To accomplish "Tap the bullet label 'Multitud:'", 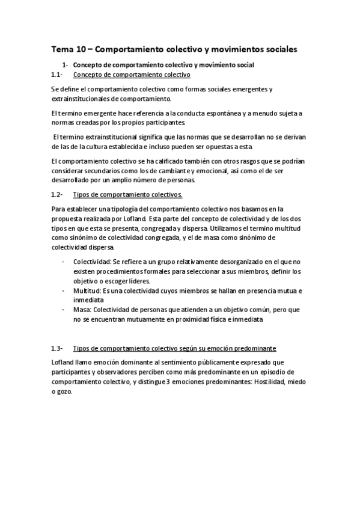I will [x=88, y=290].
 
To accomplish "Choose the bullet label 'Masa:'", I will [x=82, y=310].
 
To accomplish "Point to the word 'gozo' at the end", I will [x=61, y=392].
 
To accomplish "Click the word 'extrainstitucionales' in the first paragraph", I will [x=81, y=99].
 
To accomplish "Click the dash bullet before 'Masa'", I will [x=64, y=310].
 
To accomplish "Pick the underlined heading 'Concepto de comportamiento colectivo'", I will [x=131, y=75].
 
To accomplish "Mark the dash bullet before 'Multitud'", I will [x=64, y=290].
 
